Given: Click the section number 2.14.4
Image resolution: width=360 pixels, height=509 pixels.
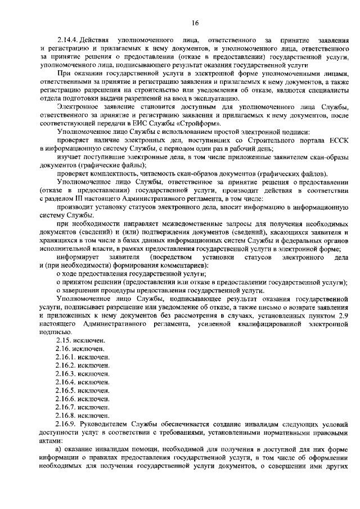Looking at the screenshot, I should [x=67, y=40].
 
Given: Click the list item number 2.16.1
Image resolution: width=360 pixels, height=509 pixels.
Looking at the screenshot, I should [x=67, y=357].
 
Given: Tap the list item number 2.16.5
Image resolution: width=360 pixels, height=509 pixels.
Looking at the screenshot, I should [x=67, y=390].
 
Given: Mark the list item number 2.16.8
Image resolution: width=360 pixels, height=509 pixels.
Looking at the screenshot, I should [x=67, y=415].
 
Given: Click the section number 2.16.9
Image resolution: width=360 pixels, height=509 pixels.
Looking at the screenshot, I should [x=67, y=423].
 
